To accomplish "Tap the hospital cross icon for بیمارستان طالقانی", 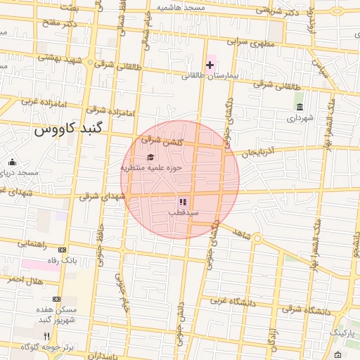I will click(210, 65).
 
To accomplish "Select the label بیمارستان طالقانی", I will click(210, 75).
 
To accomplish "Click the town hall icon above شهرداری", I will click(300, 108).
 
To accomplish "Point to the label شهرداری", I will click(301, 118).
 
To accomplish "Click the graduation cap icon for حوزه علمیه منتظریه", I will click(150, 157).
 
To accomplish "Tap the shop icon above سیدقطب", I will click(184, 202).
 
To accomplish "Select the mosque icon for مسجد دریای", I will click(11, 162).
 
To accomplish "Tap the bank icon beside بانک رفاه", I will click(63, 250).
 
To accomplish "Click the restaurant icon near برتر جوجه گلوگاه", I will click(48, 337).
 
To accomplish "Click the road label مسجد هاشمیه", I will click(180, 7).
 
